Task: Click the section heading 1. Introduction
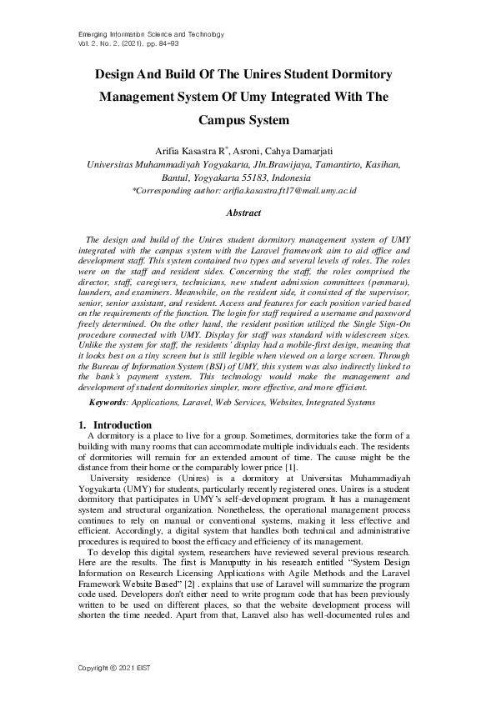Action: pos(114,425)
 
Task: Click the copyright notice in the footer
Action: pos(110,669)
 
